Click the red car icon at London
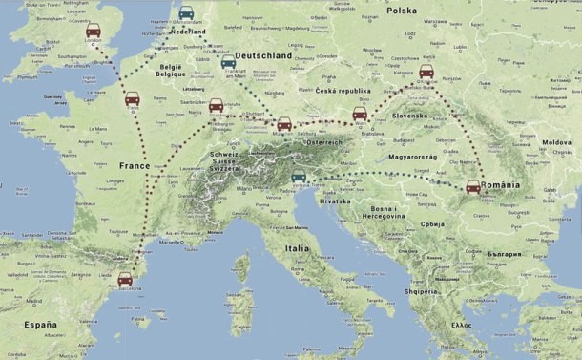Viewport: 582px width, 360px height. coord(94,32)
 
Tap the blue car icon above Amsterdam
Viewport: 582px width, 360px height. coord(186,13)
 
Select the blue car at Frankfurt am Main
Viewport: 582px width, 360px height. coord(228,61)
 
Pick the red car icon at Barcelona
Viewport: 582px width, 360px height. coord(125,279)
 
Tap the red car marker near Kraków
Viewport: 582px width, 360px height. coord(426,73)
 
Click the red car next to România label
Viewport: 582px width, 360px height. coord(472,186)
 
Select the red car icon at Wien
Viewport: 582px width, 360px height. coord(360,115)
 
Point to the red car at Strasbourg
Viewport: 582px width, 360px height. coord(217,105)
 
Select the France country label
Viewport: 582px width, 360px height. coord(134,165)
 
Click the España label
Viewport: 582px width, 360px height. coord(41,325)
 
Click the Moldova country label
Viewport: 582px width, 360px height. coord(556,142)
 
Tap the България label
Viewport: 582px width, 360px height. coord(503,255)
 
